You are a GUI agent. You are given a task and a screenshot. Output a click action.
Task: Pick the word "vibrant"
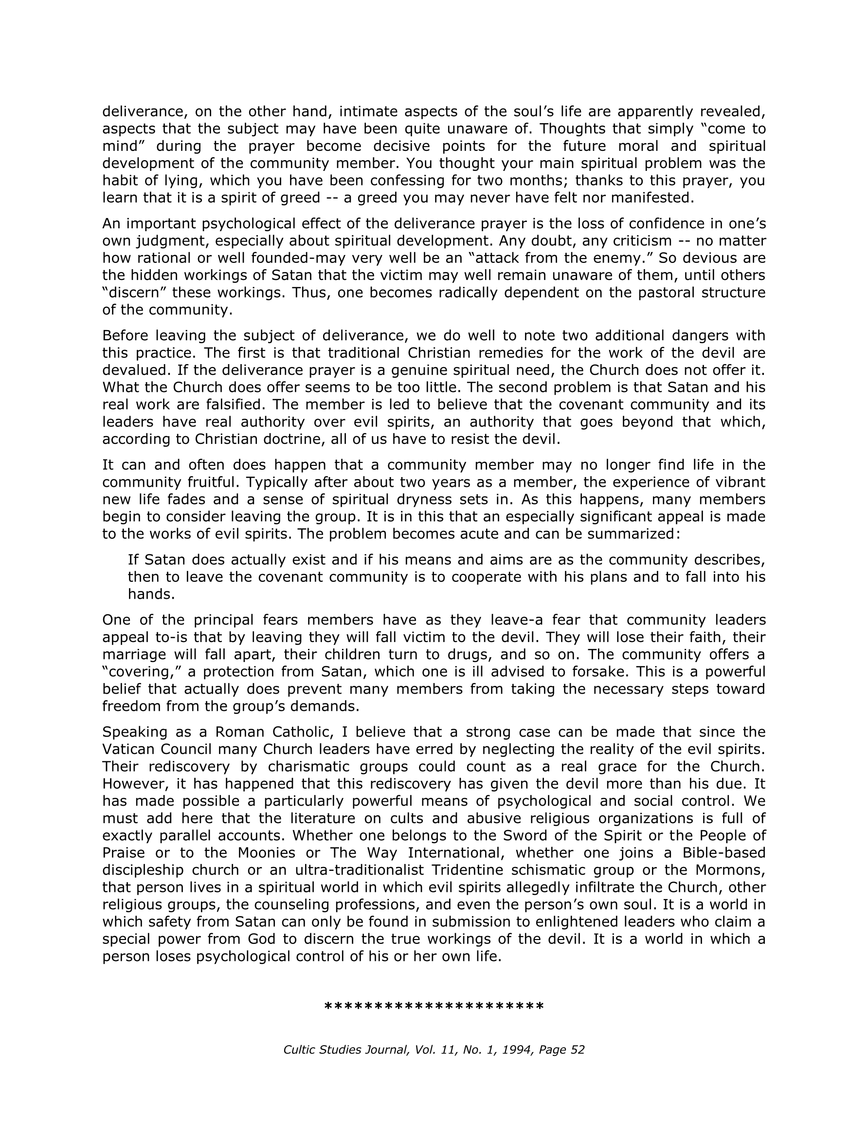[739, 482]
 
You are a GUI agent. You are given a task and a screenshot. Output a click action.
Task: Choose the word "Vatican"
[128, 749]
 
